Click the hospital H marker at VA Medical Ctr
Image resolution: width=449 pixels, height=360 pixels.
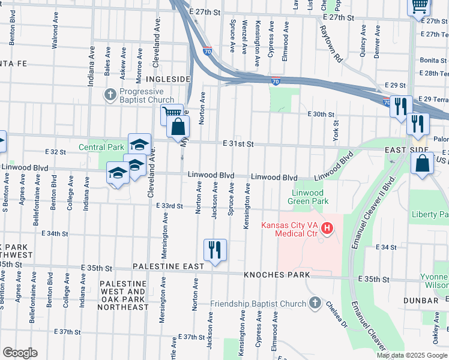(327, 228)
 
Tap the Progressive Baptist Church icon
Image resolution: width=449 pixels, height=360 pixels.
(110, 95)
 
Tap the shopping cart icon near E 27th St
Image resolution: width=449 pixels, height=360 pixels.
(419, 5)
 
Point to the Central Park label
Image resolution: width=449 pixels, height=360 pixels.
(101, 147)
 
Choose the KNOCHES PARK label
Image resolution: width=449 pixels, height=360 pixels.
(277, 275)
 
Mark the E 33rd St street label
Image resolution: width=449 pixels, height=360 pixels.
(169, 206)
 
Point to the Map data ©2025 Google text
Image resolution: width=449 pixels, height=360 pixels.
(411, 355)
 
